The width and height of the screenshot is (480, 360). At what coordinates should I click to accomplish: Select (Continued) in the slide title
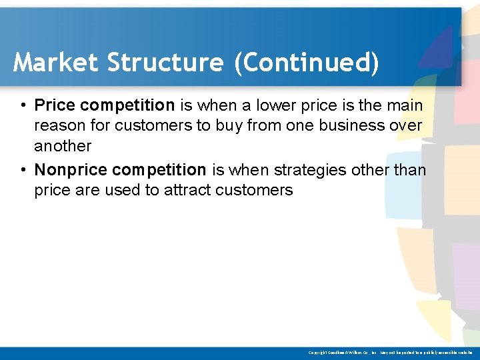pyautogui.click(x=306, y=63)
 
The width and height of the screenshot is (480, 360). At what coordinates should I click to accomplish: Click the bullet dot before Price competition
pyautogui.click(x=23, y=105)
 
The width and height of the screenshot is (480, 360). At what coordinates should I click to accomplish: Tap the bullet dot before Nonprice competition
pyautogui.click(x=23, y=170)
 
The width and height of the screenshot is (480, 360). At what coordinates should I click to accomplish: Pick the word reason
pyautogui.click(x=58, y=125)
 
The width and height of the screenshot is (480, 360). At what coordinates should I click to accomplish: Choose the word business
pyautogui.click(x=348, y=125)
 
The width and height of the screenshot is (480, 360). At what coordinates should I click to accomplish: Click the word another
pyautogui.click(x=63, y=146)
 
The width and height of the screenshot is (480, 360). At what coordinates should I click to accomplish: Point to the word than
pyautogui.click(x=410, y=170)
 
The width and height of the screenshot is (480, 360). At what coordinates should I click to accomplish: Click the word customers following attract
pyautogui.click(x=255, y=190)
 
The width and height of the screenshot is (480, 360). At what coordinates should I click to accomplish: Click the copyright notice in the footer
pyautogui.click(x=390, y=352)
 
